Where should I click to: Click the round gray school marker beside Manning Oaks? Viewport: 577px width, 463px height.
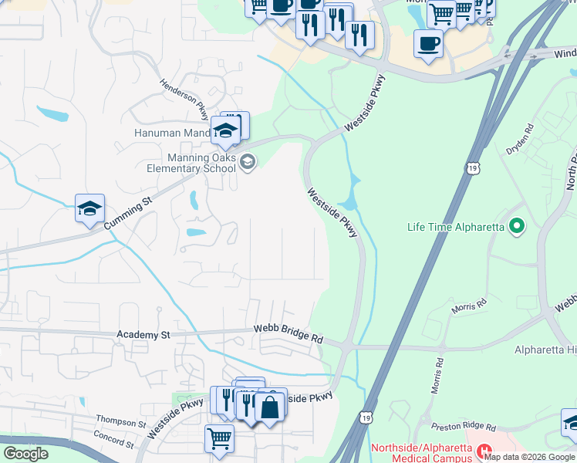coord(248,161)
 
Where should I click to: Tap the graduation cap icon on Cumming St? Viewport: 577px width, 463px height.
coord(89,208)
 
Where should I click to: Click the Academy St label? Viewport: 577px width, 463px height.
coord(143,335)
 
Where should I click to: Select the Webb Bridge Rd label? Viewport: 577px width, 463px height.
coord(288,334)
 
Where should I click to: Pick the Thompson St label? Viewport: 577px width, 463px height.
coord(120,424)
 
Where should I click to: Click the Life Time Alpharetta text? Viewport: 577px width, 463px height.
coord(456,227)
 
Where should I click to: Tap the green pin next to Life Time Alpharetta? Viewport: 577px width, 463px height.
coord(517,226)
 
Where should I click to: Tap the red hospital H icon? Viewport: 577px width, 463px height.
coord(484,449)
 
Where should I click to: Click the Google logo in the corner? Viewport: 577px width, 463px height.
coord(25,454)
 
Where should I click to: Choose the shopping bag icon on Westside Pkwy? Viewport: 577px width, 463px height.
coord(270,406)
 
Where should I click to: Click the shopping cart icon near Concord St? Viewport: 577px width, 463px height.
coord(219,438)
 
